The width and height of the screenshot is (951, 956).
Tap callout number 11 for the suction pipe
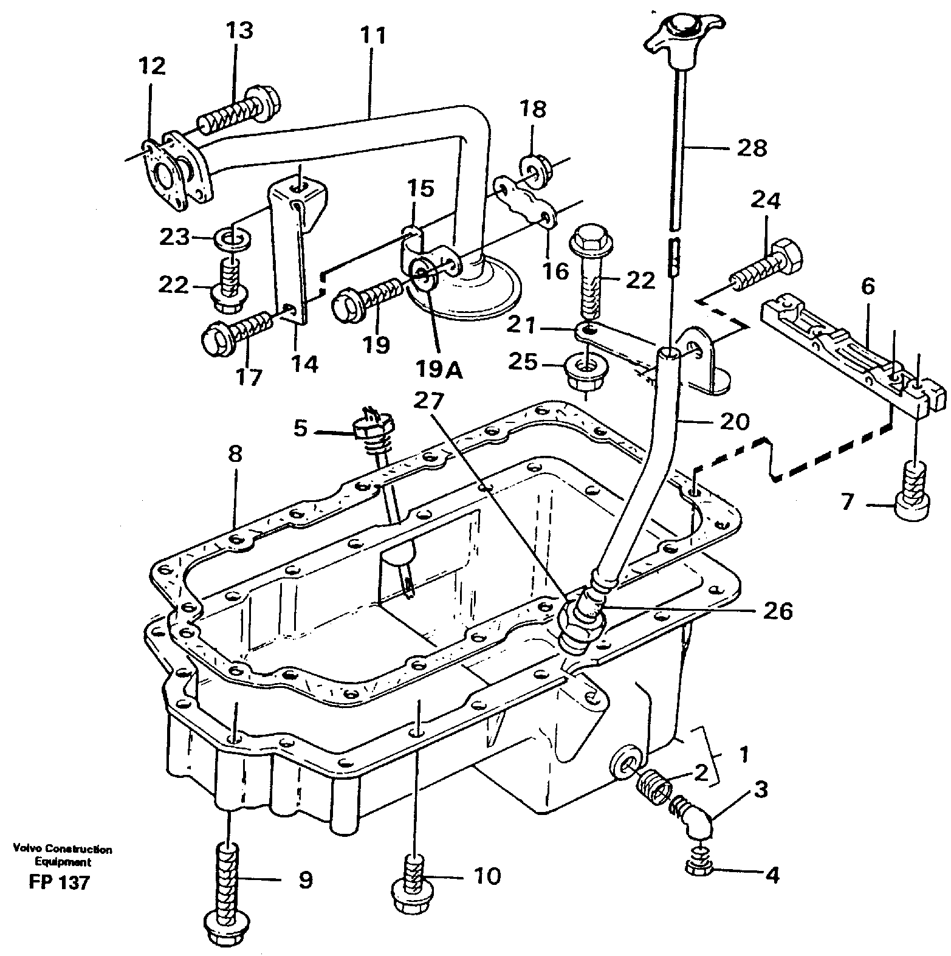pos(373,36)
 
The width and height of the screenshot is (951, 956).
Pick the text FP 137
pos(58,882)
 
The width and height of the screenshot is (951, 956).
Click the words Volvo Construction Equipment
pos(61,855)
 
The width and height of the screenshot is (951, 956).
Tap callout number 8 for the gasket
pos(236,453)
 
